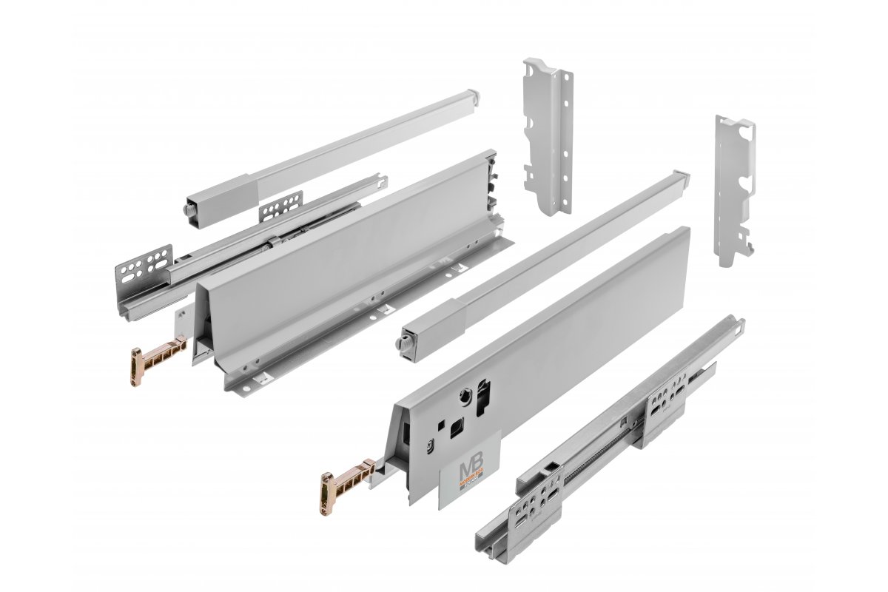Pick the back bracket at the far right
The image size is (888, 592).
733,189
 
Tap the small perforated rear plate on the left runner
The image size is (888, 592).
281,206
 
